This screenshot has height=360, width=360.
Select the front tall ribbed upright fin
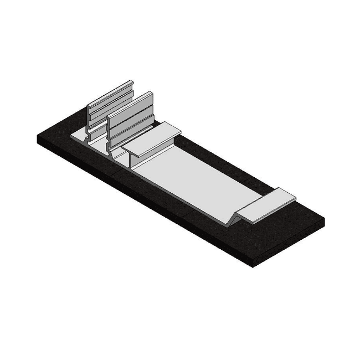click(x=131, y=114)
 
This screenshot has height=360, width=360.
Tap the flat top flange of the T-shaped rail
click(x=152, y=141)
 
